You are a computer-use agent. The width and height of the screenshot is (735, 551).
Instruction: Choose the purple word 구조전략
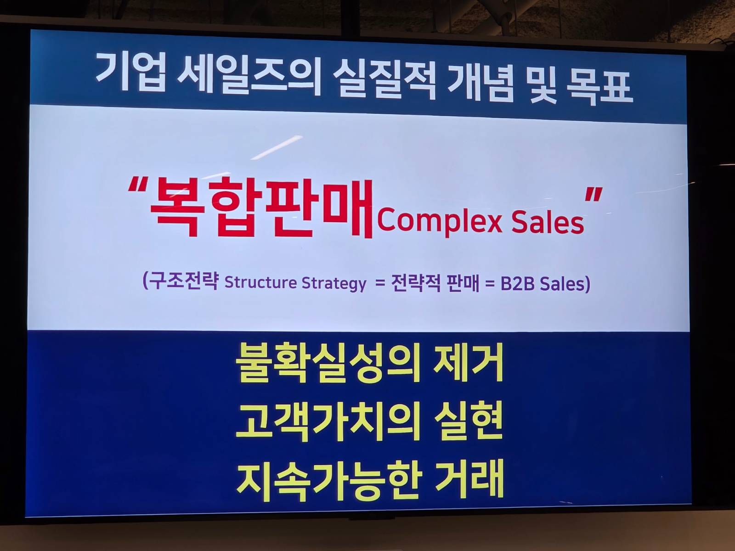tap(184, 281)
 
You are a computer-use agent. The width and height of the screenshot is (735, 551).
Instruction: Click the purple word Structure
tap(260, 282)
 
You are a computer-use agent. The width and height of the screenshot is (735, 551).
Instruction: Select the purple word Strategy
tap(334, 283)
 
